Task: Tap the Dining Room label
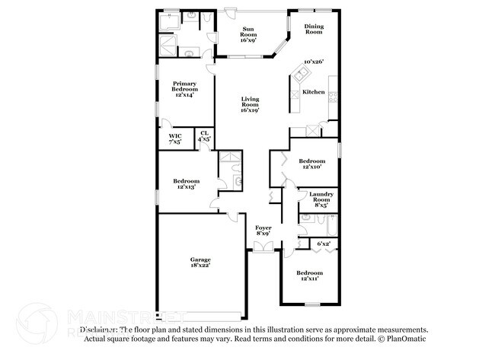[x=314, y=29]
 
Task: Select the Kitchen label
[x=314, y=92]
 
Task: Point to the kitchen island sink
[x=302, y=74]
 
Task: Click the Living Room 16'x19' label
[x=250, y=105]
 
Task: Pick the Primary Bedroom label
[x=185, y=90]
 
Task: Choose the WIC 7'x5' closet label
[x=174, y=139]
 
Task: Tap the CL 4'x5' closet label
[x=204, y=136]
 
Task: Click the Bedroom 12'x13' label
[x=187, y=183]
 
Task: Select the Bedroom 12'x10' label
[x=311, y=164]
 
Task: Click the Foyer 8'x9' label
[x=263, y=231]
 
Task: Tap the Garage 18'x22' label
[x=200, y=262]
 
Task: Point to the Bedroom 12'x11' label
[x=309, y=276]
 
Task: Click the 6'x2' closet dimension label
[x=324, y=244]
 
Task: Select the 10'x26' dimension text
[x=314, y=62]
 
